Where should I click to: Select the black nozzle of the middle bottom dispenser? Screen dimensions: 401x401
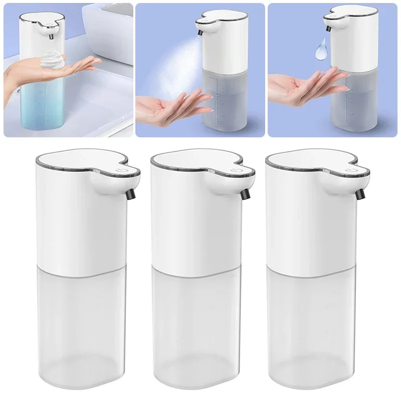246,192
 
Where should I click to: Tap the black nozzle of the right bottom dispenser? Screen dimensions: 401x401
361,192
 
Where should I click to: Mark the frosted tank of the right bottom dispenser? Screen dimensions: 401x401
311,321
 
